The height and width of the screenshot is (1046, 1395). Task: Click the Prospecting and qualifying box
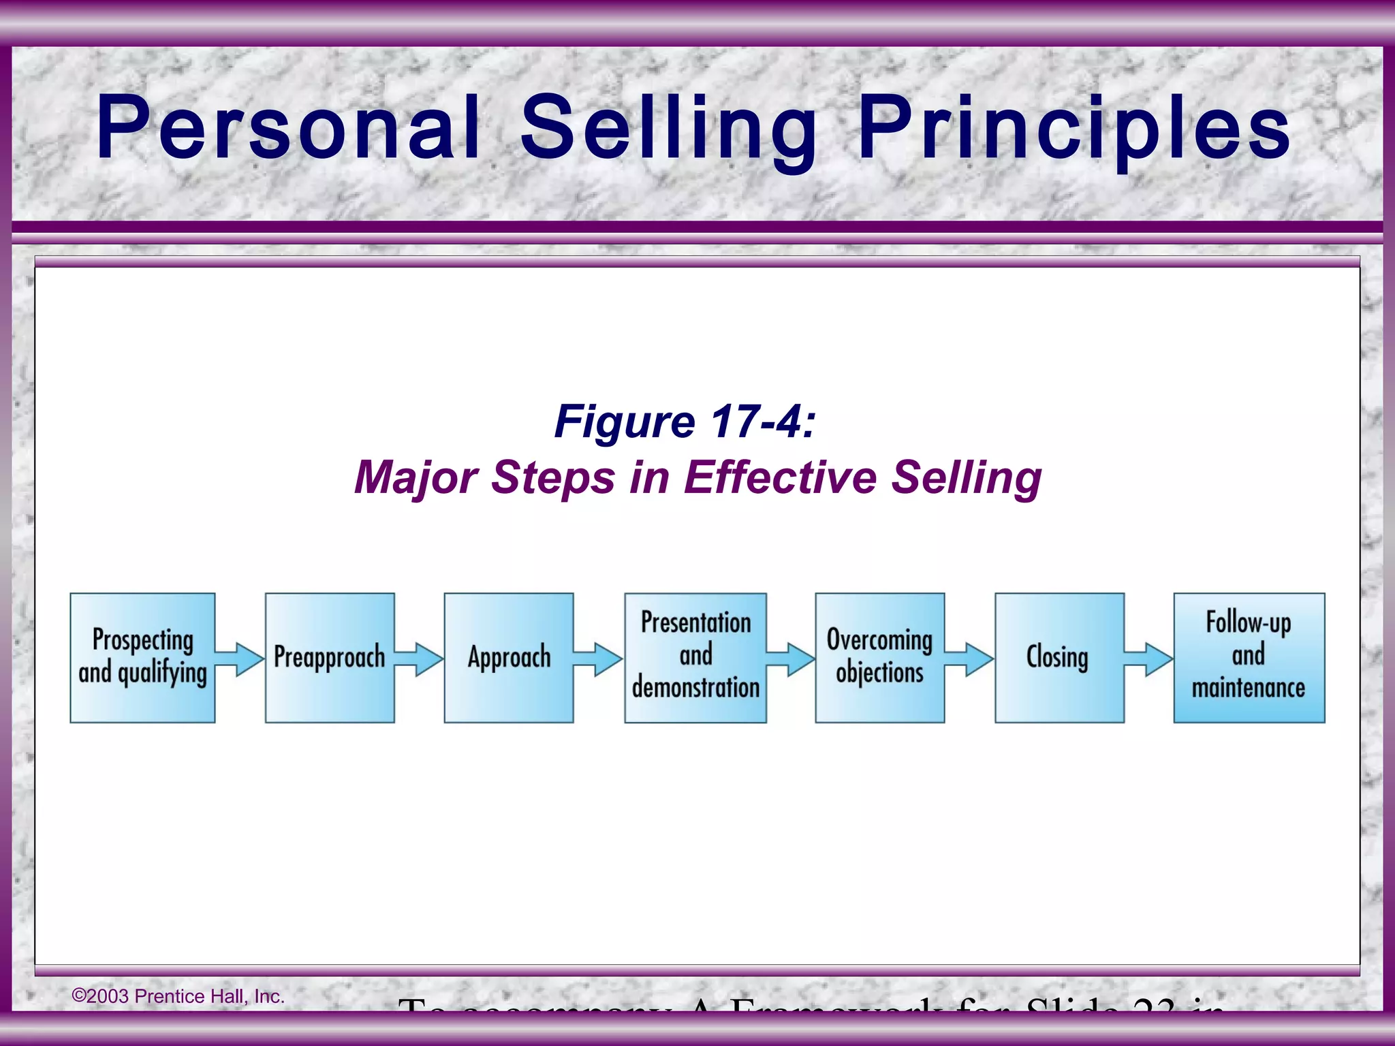[x=142, y=657]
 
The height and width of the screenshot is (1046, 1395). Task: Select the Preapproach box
[x=330, y=657]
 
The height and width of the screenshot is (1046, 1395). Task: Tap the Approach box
[x=509, y=657]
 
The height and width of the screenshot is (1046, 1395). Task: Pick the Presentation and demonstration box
[x=695, y=657]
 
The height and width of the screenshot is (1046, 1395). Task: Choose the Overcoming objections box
[x=879, y=657]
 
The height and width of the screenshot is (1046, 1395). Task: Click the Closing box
[x=1059, y=657]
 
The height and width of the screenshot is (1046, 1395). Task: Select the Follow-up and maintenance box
[x=1249, y=657]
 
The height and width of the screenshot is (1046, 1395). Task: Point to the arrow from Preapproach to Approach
[x=420, y=659]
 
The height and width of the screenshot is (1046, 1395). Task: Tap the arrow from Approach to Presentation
[x=599, y=659]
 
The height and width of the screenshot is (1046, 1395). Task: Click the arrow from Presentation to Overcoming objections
[x=791, y=659]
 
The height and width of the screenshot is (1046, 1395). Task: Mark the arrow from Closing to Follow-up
[x=1149, y=659]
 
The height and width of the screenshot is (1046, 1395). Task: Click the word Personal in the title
[x=289, y=127]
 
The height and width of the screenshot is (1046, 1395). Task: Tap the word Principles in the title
[x=1073, y=127]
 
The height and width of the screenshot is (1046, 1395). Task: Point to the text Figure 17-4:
[x=685, y=422]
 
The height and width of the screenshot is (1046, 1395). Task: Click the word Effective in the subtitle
[x=781, y=477]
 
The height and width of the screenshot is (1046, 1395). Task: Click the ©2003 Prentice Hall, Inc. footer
[x=178, y=996]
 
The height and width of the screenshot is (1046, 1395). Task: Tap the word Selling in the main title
[x=669, y=127]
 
